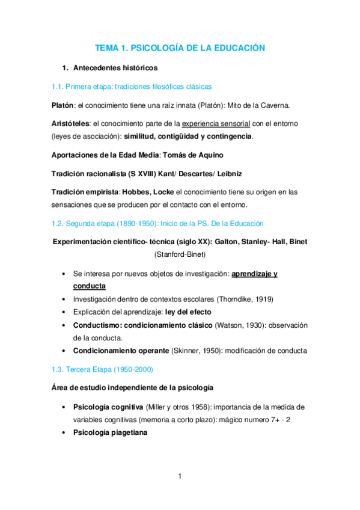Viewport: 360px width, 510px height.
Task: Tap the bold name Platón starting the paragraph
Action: [62, 105]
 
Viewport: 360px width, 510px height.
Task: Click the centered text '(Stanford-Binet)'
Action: [180, 255]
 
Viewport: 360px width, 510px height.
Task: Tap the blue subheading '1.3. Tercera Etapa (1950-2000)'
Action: [105, 369]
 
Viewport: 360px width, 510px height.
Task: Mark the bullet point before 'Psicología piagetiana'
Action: [64, 432]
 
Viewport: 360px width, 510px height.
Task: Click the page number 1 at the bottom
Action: [180, 476]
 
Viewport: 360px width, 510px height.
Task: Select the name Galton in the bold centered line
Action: [227, 242]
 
